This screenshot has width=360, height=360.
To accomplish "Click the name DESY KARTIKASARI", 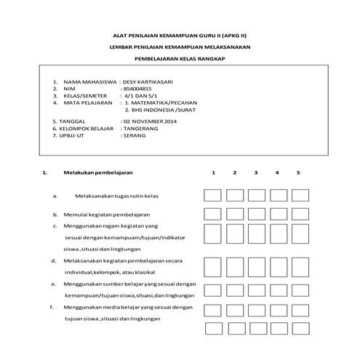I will click(151, 83).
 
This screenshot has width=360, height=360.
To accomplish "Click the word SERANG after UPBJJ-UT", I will click(135, 135).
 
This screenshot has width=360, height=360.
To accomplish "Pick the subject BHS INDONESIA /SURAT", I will click(159, 112).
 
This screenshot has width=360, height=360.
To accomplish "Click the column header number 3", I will click(256, 173).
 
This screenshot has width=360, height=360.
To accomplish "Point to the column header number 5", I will click(298, 173).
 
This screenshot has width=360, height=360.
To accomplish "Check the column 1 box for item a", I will click(213, 196).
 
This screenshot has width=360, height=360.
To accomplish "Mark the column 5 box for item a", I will click(299, 196).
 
